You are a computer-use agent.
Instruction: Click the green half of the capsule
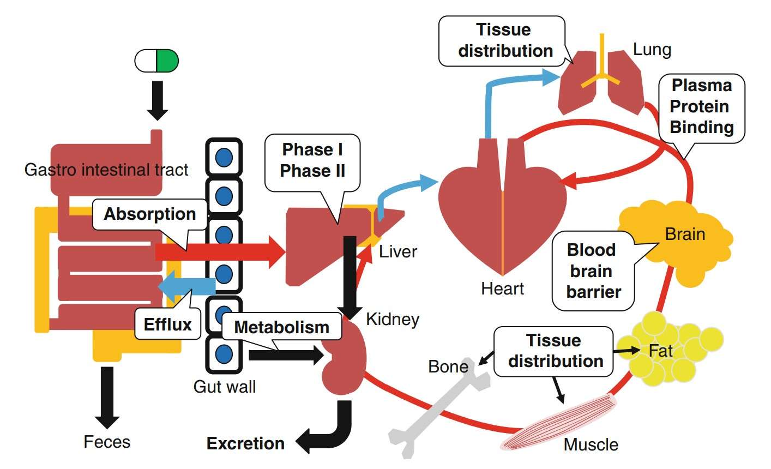tap(167, 61)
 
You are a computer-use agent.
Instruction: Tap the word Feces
tap(107, 441)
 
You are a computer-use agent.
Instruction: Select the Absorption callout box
tap(150, 214)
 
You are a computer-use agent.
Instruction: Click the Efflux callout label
tap(167, 324)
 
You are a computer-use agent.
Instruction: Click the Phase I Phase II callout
tap(312, 160)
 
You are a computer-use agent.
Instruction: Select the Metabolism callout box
tap(281, 327)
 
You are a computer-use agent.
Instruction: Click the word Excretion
tap(245, 443)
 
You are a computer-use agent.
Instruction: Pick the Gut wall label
tap(224, 387)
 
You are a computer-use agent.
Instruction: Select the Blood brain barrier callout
tap(593, 271)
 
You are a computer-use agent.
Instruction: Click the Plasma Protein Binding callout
tap(701, 107)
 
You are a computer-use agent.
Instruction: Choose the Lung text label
tap(652, 50)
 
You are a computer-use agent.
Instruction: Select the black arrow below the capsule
tap(158, 100)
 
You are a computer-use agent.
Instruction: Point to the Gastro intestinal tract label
tap(106, 170)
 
